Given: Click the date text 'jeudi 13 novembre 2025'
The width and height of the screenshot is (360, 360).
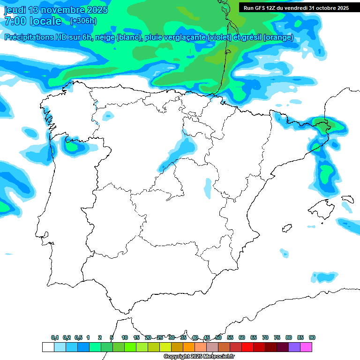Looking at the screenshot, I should click(x=56, y=10).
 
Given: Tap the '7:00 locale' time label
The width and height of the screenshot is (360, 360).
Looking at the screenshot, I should click(x=33, y=21).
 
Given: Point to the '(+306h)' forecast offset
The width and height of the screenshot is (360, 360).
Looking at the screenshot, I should click(x=83, y=21).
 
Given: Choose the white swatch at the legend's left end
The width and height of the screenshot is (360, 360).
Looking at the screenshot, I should click(x=48, y=347).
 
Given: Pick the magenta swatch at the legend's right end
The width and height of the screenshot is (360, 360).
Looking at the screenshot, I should click(x=306, y=347).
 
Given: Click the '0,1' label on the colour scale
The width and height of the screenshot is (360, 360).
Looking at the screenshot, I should click(x=55, y=337).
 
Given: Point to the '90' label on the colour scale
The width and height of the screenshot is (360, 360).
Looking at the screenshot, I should click(x=312, y=337).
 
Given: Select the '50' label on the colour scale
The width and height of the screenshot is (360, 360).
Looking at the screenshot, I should click(x=218, y=337).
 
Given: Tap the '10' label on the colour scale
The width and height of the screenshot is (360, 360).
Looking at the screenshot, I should click(x=125, y=337).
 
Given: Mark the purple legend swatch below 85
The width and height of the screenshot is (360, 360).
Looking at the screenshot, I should click(x=294, y=347).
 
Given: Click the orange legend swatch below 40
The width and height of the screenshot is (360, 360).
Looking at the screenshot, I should click(x=189, y=347).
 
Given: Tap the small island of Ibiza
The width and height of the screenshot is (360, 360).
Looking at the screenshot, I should click(x=285, y=228).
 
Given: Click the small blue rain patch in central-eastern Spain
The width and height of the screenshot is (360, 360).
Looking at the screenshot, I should click(x=208, y=187).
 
